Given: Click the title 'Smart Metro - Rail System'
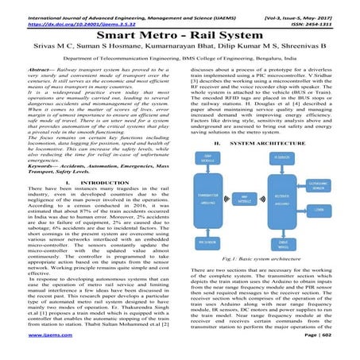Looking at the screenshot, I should coord(180,37).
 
